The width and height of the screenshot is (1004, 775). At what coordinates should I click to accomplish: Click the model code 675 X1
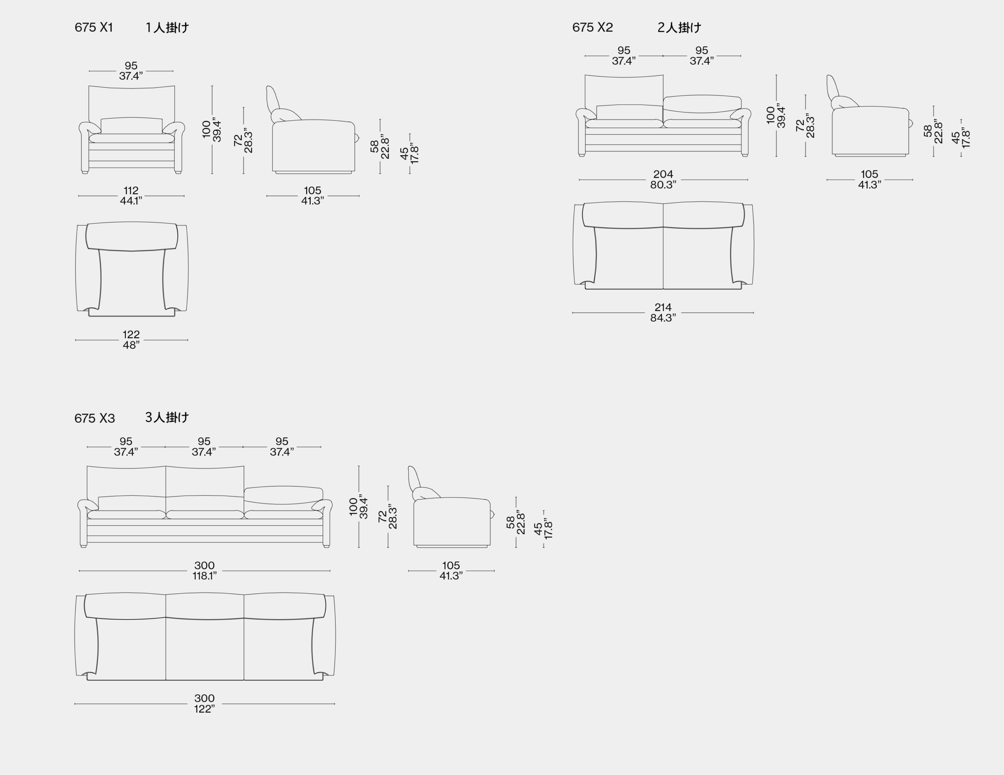[93, 27]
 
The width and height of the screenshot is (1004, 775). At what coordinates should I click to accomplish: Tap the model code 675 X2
[592, 27]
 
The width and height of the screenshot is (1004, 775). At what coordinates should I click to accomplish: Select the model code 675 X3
[94, 418]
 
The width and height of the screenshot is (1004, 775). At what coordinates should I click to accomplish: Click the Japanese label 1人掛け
[167, 27]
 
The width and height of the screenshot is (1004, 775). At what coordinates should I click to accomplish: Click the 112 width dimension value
[131, 190]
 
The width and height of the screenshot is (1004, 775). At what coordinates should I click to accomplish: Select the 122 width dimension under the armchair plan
[131, 335]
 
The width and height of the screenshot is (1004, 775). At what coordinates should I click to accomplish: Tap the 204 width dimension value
[663, 174]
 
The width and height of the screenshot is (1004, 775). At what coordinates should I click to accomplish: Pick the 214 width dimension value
[663, 307]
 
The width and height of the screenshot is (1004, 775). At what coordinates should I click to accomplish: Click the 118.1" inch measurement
[205, 576]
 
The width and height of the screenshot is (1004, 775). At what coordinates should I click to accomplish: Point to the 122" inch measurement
[205, 709]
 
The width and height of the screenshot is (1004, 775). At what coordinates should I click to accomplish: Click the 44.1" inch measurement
[131, 201]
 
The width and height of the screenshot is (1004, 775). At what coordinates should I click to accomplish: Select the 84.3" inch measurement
[663, 318]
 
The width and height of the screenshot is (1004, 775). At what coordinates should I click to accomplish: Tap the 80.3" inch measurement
[663, 185]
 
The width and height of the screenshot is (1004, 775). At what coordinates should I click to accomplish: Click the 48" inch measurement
[131, 345]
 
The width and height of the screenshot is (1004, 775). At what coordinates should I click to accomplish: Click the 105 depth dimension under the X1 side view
[313, 190]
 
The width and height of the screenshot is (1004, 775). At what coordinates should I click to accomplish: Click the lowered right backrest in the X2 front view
[702, 104]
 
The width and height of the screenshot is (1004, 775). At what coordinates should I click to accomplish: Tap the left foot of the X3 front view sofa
[84, 546]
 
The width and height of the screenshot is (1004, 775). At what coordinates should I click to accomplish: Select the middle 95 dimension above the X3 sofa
[204, 442]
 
